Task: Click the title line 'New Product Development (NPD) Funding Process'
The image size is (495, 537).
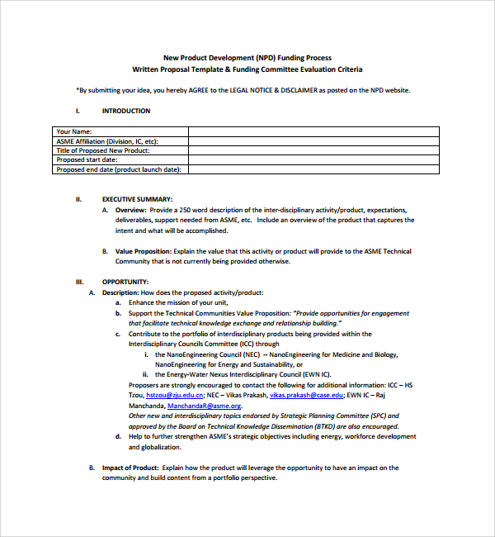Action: point(247,58)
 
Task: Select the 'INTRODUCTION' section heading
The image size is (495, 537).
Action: point(126,111)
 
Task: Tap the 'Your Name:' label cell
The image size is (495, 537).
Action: point(74,131)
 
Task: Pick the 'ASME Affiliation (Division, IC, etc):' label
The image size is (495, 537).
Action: point(106,141)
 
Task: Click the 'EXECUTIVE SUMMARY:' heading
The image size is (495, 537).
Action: point(137,199)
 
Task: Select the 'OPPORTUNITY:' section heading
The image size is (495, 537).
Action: point(125,282)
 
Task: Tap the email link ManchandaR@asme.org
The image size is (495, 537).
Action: point(204,406)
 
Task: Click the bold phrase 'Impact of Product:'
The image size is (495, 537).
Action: point(130,468)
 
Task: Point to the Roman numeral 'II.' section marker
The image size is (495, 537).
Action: point(78,199)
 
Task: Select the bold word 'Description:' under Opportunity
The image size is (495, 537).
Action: point(120,292)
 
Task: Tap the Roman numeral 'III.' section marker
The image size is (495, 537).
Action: point(78,282)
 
